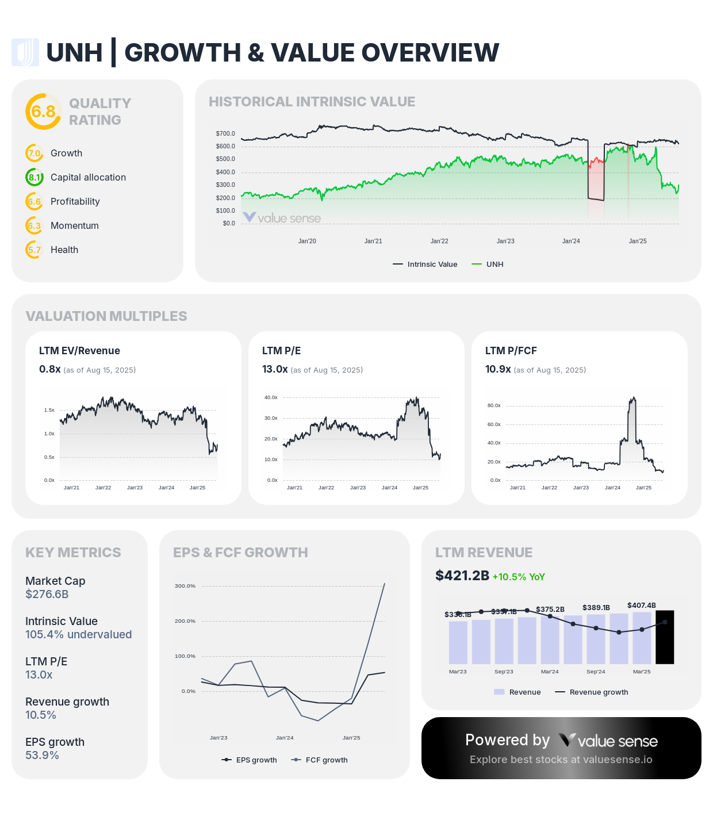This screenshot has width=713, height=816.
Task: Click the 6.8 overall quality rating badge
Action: click(x=43, y=111)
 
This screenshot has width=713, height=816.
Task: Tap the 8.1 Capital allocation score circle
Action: click(x=34, y=177)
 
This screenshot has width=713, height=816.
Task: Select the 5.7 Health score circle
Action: click(x=34, y=250)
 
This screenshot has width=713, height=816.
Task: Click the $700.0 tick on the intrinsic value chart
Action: click(x=225, y=133)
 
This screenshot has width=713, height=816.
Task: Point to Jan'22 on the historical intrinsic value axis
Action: click(x=439, y=241)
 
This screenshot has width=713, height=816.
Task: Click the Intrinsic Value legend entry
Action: click(x=425, y=265)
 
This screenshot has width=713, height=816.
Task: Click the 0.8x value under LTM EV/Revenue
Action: click(x=49, y=369)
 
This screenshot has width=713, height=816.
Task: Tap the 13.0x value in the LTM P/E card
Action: click(x=275, y=369)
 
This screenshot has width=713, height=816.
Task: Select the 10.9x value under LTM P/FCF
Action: click(x=498, y=369)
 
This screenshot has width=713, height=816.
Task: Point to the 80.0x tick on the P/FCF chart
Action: click(x=494, y=405)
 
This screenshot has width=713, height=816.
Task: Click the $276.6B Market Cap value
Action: click(x=47, y=594)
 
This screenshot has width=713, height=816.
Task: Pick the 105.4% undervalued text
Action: click(x=78, y=634)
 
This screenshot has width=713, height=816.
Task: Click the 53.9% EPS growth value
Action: click(x=42, y=755)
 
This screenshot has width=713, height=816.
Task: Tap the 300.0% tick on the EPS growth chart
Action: click(x=185, y=586)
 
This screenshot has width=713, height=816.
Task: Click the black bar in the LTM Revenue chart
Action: click(x=665, y=637)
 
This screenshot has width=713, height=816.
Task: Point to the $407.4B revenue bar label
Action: click(x=641, y=606)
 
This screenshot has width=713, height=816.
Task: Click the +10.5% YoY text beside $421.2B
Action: click(x=518, y=577)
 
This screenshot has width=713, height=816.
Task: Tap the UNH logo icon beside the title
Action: click(x=25, y=52)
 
